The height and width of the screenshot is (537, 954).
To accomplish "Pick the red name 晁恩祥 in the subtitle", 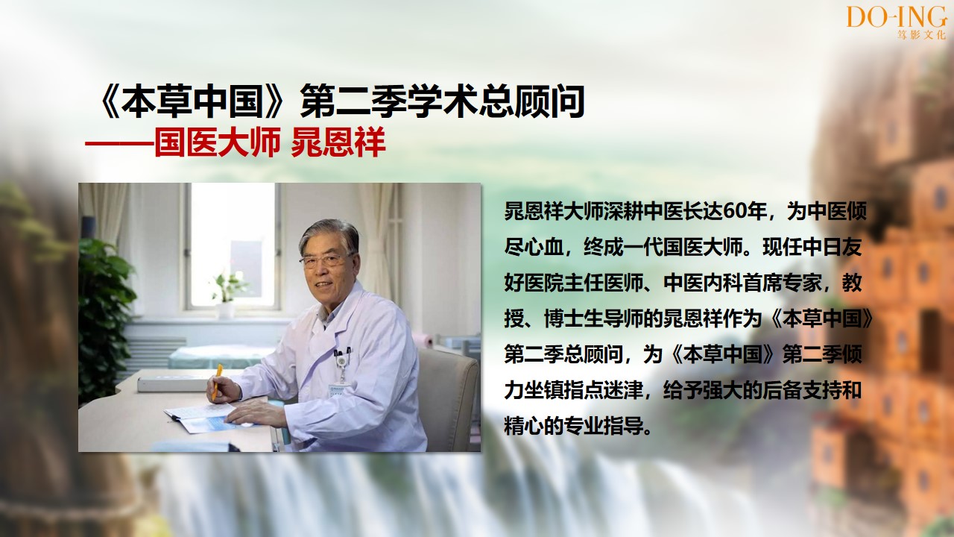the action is [338, 142].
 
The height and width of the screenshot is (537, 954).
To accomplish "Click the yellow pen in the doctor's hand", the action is [217, 381].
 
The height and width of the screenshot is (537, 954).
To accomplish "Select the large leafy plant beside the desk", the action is [105, 315].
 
